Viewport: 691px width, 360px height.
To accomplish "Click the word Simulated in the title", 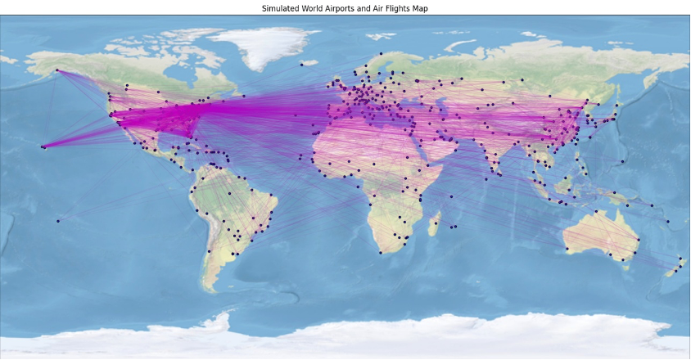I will pyautogui.click(x=279, y=8).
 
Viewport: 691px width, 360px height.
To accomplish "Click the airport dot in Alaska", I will pyautogui.click(x=57, y=70).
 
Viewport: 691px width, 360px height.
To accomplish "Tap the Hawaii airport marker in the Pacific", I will pyautogui.click(x=43, y=146).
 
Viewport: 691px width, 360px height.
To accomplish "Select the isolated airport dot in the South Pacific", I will pyautogui.click(x=57, y=221).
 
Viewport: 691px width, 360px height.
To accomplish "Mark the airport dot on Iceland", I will pyautogui.click(x=301, y=64).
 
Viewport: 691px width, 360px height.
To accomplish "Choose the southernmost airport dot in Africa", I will pyautogui.click(x=381, y=252).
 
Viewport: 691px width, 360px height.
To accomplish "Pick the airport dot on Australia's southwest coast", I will pyautogui.click(x=566, y=249).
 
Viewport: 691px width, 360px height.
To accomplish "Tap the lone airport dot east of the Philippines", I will pyautogui.click(x=622, y=161).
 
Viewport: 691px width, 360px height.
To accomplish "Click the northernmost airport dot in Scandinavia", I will pyautogui.click(x=381, y=53).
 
